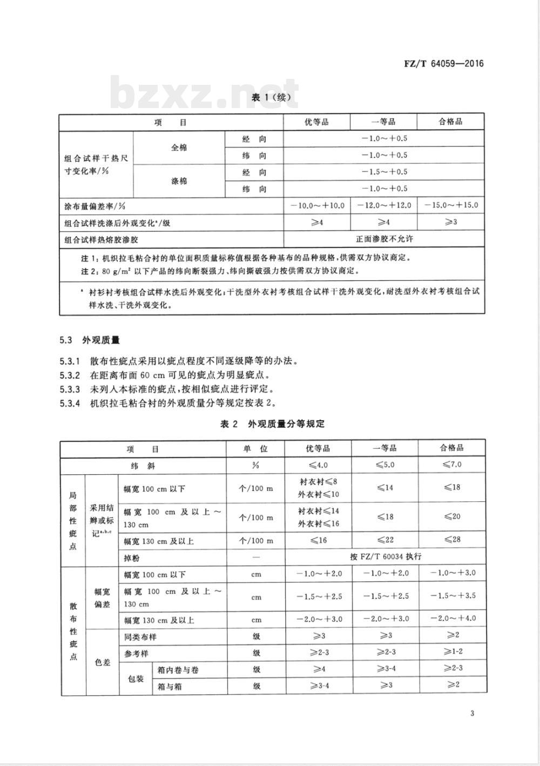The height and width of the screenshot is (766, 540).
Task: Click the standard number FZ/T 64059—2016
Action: [444, 63]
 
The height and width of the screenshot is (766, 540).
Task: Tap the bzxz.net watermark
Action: [205, 93]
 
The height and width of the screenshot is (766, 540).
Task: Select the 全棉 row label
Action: [179, 147]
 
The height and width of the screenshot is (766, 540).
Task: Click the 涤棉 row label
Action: [179, 181]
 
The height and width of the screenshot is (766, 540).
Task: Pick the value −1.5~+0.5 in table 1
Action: [384, 172]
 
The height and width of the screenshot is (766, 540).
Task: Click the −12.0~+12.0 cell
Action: [384, 205]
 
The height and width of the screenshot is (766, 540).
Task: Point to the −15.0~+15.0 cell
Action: [451, 205]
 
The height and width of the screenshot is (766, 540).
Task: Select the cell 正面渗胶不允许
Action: [384, 239]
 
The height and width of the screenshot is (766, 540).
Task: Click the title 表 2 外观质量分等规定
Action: [272, 424]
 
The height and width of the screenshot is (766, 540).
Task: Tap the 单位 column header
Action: [256, 449]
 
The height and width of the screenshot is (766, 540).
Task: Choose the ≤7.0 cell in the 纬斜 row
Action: [452, 465]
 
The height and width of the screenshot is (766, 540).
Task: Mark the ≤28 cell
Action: [452, 540]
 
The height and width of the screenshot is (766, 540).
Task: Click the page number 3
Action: [472, 714]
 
